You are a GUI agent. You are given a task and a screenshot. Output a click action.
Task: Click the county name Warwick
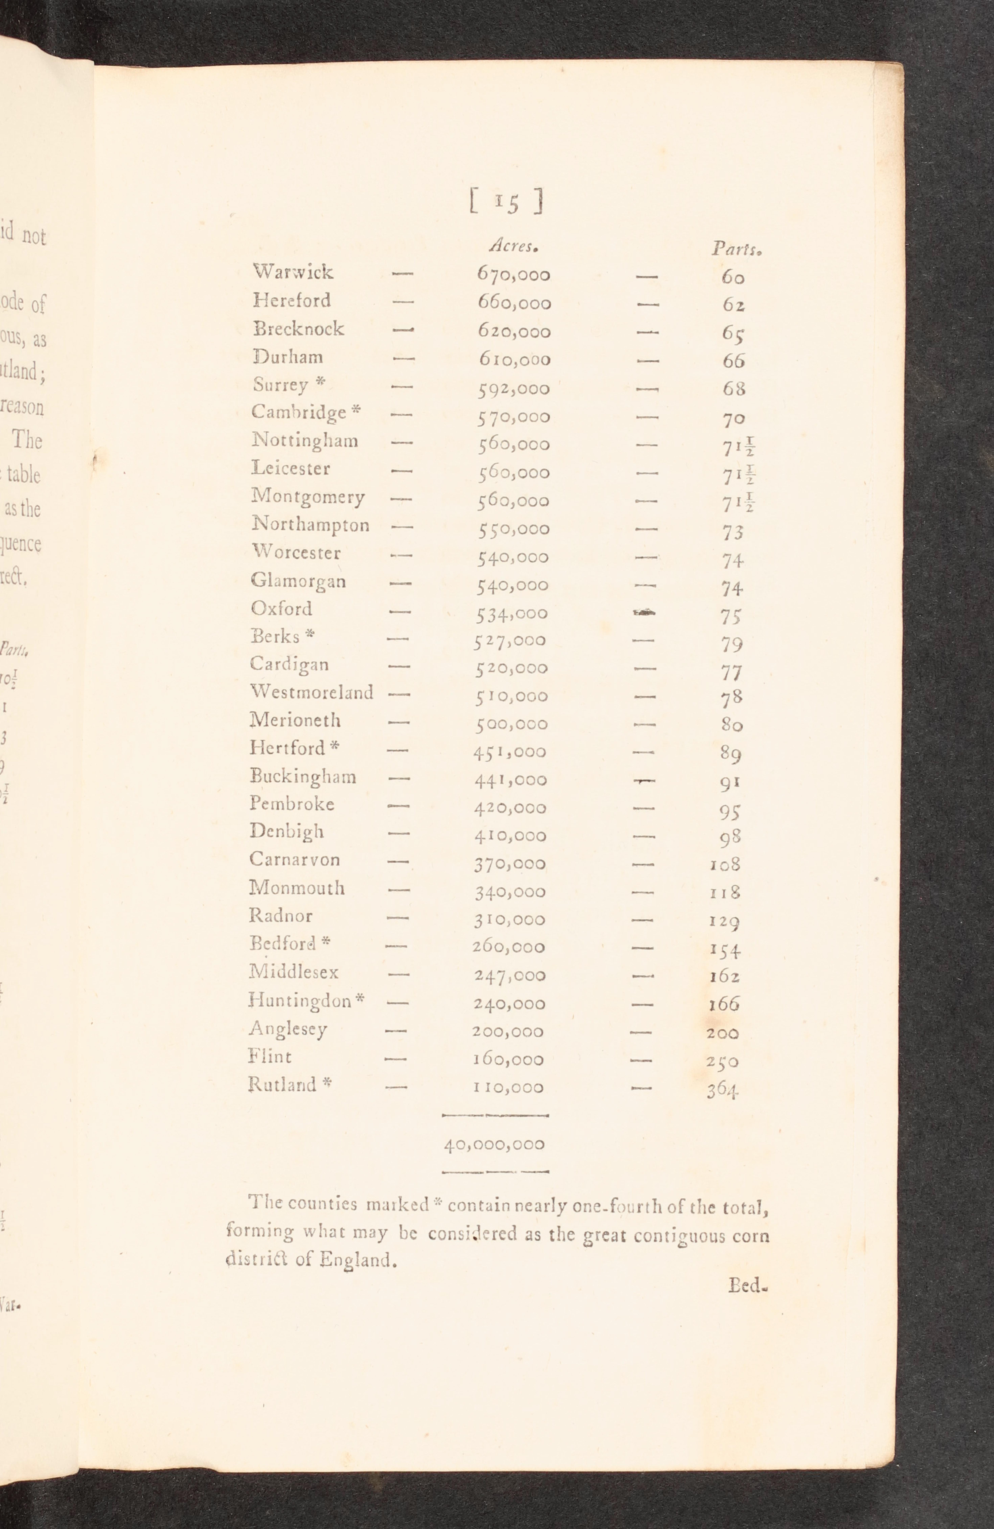[293, 272]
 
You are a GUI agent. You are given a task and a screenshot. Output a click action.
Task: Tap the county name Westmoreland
[311, 692]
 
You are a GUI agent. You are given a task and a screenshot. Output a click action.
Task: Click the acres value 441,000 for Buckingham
[511, 780]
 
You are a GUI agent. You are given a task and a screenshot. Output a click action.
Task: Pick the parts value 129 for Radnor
[725, 921]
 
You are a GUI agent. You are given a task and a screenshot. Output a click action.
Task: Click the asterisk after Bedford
[326, 942]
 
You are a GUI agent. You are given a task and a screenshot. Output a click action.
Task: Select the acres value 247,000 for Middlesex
[510, 975]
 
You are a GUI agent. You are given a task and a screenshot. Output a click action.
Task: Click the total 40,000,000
[494, 1144]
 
